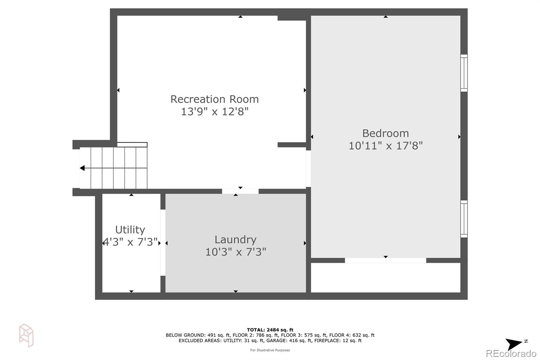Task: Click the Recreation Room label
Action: [x=215, y=99]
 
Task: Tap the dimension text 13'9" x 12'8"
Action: [x=215, y=111]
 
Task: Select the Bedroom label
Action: [x=385, y=133]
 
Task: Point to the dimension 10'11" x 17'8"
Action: [x=385, y=146]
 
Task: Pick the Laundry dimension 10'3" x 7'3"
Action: [x=236, y=252]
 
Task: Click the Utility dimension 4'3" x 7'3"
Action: [x=130, y=242]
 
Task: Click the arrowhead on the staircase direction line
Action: [x=82, y=168]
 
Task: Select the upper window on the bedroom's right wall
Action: [x=464, y=73]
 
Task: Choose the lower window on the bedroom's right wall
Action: [x=464, y=219]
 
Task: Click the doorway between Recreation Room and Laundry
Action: [x=240, y=191]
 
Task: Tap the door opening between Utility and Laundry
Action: [x=163, y=242]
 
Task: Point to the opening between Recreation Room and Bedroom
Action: [x=308, y=169]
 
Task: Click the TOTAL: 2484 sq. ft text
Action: [x=270, y=330]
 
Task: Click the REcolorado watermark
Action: [x=511, y=354]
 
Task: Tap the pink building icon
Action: [x=26, y=335]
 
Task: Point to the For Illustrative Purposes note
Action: [x=270, y=350]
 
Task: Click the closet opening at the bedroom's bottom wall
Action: [x=385, y=260]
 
